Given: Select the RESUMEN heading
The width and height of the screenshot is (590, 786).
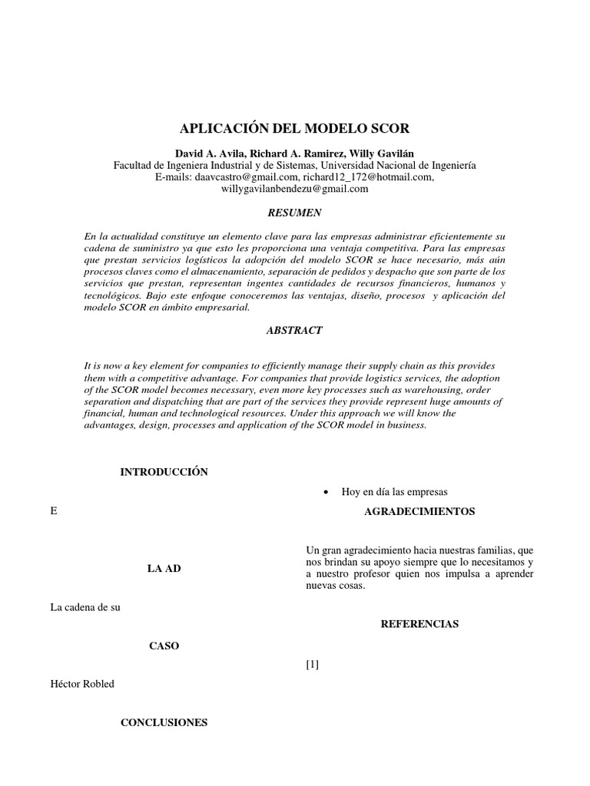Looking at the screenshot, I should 294,212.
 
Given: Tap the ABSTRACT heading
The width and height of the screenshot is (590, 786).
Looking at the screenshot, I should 294,330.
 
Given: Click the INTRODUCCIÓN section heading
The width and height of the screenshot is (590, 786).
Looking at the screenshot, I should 164,472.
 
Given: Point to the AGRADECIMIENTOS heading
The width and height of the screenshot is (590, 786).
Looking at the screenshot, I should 419,512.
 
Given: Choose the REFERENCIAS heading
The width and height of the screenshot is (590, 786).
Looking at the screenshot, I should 419,624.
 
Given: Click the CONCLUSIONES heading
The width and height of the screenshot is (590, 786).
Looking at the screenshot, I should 164,722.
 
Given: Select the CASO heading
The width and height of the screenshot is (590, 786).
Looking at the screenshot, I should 164,646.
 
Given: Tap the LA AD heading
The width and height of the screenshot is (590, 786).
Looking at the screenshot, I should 164,568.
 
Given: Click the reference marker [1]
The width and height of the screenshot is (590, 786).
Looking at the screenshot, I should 312,665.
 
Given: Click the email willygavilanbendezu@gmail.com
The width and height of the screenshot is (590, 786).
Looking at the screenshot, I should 295,188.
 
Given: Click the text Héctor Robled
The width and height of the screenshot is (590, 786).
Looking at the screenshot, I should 82,684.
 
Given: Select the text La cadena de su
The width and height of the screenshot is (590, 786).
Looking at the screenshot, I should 85,607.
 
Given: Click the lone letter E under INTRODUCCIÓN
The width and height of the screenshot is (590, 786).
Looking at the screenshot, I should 53,511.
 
